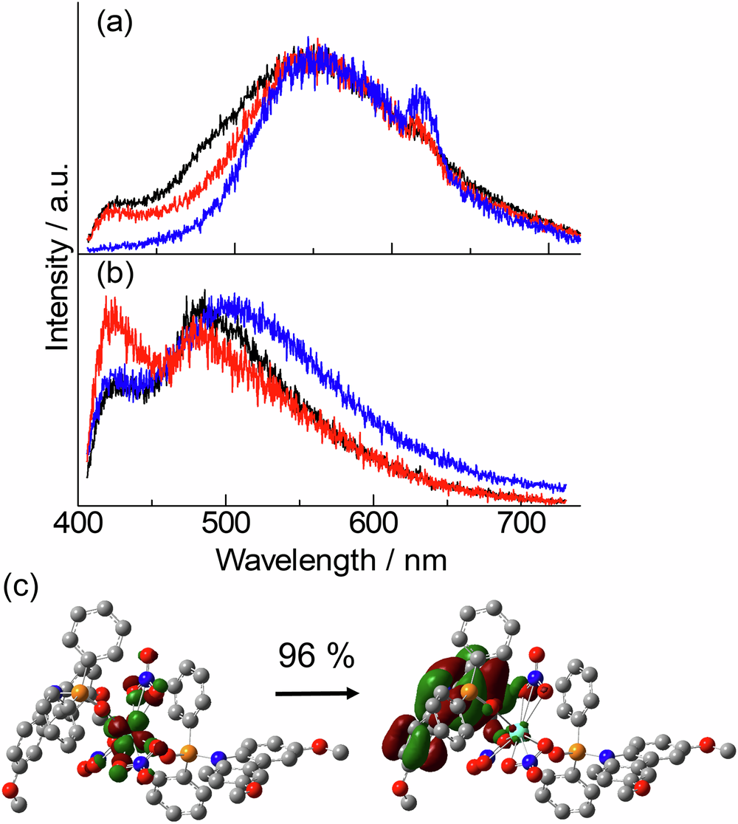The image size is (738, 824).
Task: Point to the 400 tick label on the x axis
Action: point(78,526)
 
